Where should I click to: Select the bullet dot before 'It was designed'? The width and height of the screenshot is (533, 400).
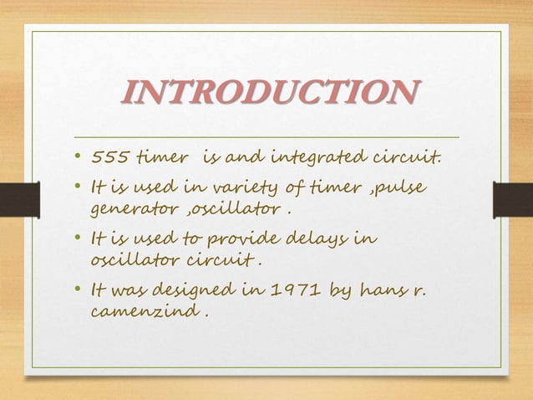(77, 290)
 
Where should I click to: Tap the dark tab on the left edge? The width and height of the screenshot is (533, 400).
(19, 199)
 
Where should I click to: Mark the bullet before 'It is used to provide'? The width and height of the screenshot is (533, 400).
(77, 239)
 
